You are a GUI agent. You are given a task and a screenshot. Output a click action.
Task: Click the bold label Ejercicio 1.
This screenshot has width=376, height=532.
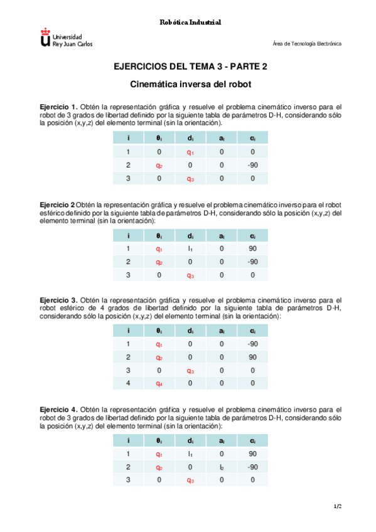click(58, 107)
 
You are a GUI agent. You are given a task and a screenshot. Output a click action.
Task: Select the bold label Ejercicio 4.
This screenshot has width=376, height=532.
click(58, 410)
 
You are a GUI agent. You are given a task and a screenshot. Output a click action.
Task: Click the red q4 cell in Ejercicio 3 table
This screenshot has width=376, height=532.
click(159, 385)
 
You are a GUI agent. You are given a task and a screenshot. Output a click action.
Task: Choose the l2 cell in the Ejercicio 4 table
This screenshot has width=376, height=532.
click(221, 467)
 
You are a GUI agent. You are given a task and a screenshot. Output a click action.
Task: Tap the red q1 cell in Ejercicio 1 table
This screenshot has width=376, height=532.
click(190, 152)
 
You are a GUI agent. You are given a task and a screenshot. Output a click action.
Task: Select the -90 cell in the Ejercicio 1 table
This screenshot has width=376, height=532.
click(252, 166)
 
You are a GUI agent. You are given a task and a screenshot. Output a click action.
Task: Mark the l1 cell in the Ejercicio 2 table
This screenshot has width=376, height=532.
click(190, 249)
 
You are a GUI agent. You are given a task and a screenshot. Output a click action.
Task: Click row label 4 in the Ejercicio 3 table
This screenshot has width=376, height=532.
click(128, 385)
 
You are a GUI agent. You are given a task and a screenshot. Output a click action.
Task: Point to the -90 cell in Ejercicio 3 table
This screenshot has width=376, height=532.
click(252, 344)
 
